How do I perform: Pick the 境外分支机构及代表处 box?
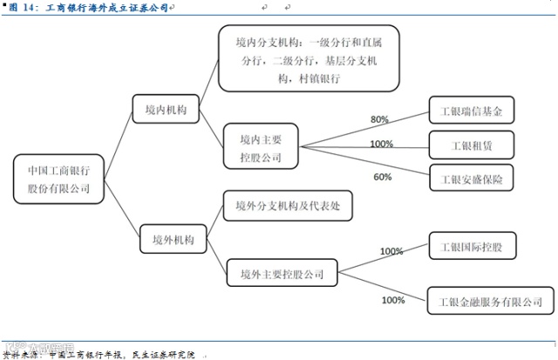pos(280,207)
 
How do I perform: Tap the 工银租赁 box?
pos(472,144)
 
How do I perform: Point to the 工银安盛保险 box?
pos(472,178)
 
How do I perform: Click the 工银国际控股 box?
pos(472,247)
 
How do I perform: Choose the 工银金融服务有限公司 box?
pos(485,302)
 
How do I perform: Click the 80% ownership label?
pos(380,119)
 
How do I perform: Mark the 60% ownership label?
pos(383,177)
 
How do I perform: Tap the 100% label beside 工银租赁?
pos(382,144)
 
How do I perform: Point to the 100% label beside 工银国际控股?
pos(391,252)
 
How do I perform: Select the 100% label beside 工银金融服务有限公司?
pos(393,300)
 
